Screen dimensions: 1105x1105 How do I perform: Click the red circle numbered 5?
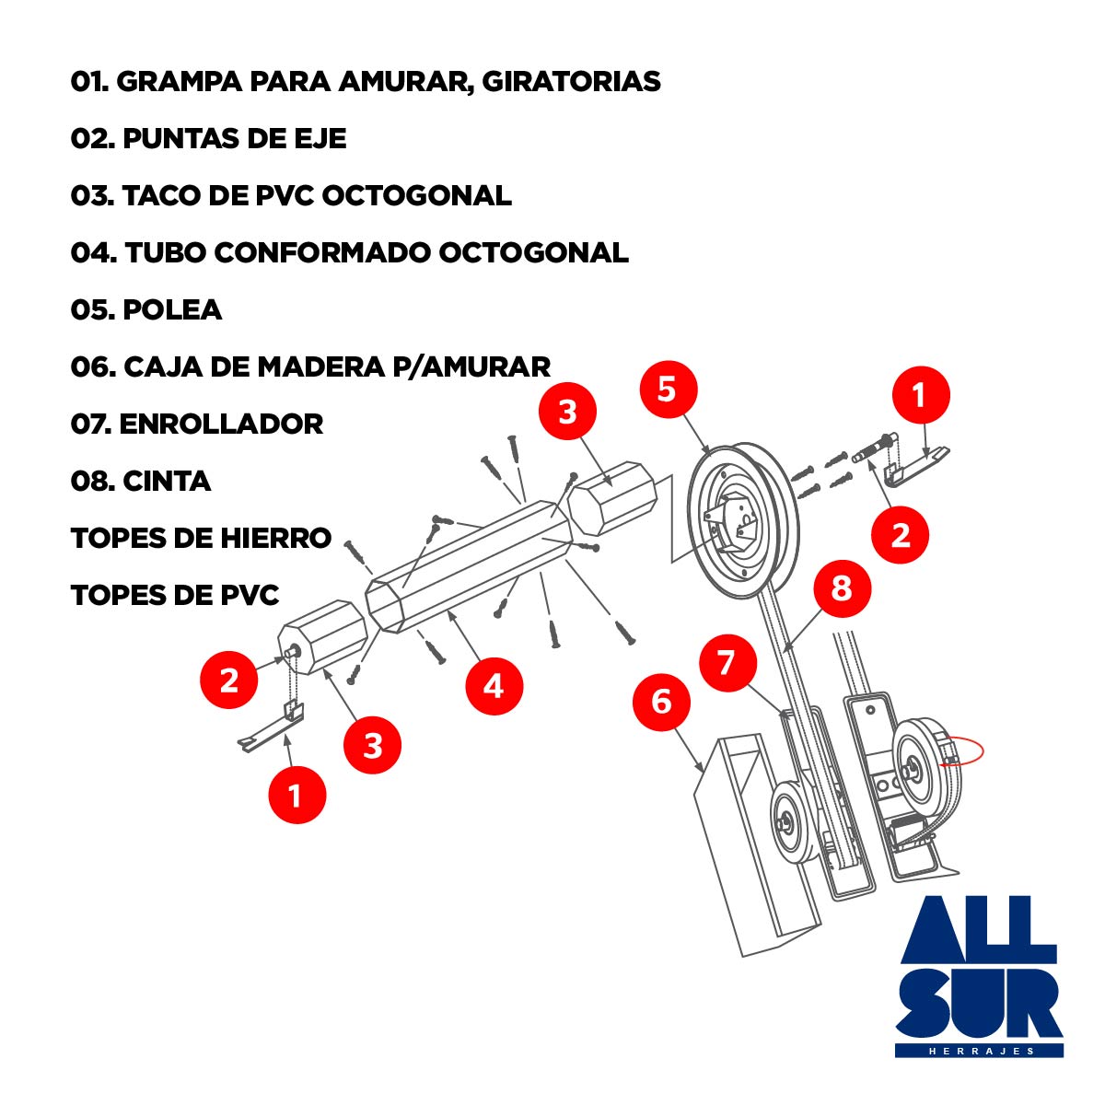668,390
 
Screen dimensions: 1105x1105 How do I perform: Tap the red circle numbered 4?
494,686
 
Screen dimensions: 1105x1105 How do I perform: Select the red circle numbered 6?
662,702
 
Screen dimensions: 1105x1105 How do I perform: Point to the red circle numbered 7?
728,662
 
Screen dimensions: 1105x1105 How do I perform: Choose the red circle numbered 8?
842,588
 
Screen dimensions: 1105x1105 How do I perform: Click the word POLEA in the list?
172,310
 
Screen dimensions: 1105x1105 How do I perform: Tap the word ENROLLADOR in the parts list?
221,425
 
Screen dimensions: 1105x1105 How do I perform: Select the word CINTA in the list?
167,481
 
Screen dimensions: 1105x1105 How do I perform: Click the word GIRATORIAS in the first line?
571,81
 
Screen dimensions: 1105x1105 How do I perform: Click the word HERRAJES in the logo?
981,1051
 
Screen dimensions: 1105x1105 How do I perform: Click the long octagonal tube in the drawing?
469,566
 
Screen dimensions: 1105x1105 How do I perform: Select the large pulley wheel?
742,519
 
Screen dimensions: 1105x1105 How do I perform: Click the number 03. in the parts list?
92,196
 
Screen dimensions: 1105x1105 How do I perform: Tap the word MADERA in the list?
320,367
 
